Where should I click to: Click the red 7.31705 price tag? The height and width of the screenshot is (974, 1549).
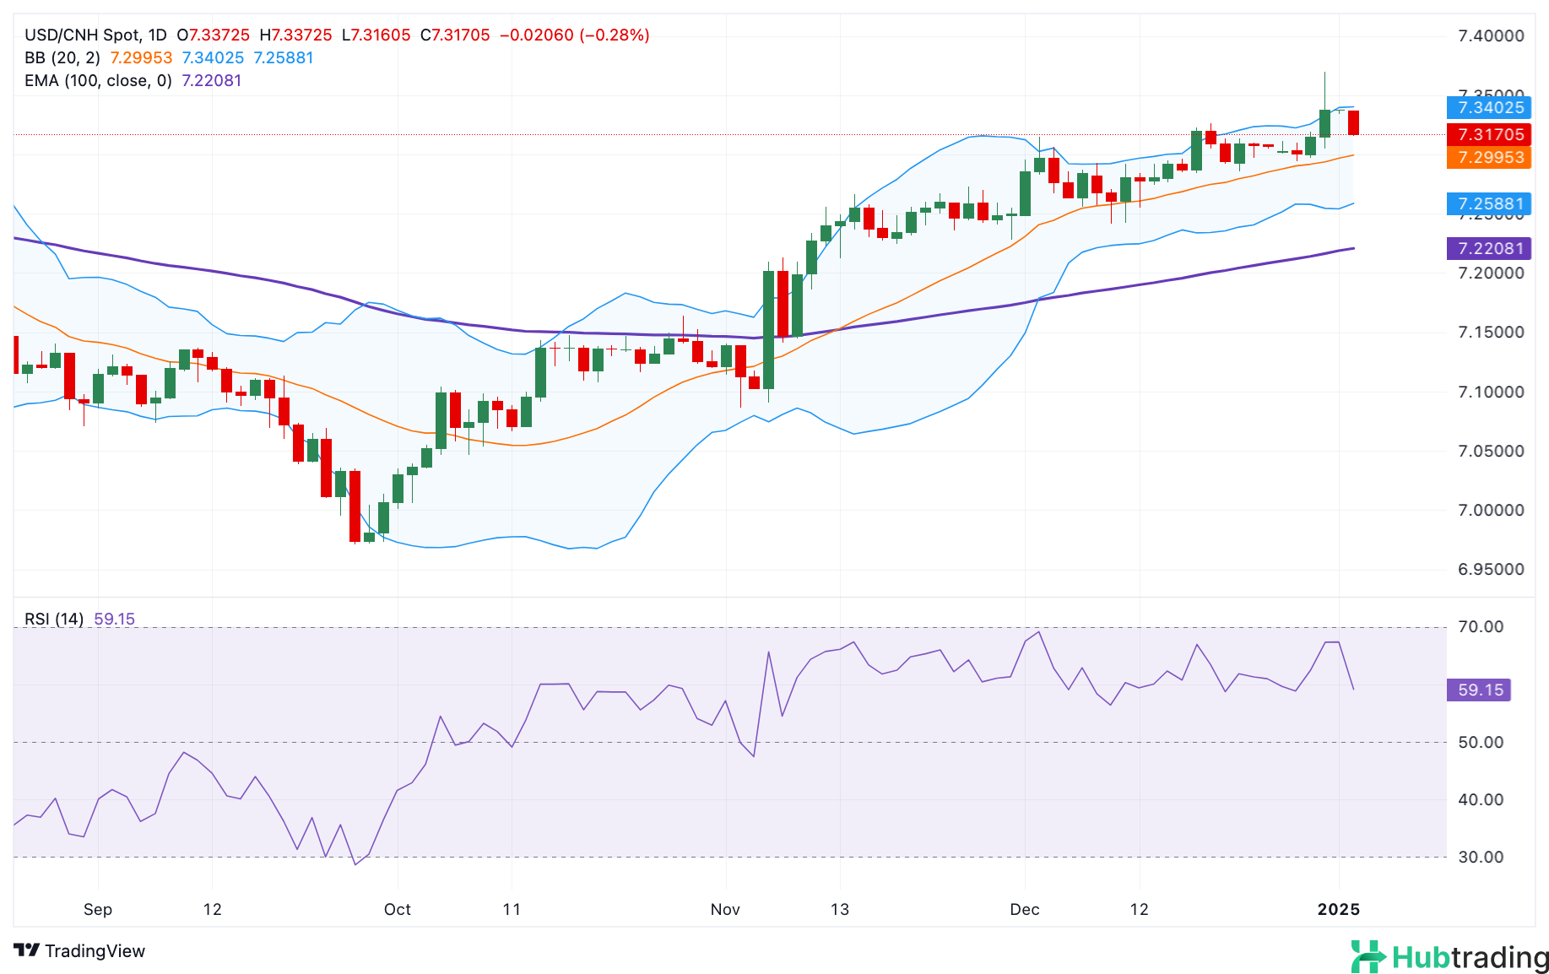(x=1489, y=134)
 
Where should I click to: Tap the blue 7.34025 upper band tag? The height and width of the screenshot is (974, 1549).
(x=1489, y=107)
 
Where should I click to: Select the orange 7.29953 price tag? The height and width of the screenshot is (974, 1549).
(x=1489, y=157)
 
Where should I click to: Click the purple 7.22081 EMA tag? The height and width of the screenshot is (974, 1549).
(x=1489, y=248)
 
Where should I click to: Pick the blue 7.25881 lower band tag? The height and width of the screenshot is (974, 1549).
(x=1489, y=203)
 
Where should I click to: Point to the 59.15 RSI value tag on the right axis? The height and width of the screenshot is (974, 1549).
(x=1479, y=690)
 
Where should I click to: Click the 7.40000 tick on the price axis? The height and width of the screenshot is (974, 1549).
(x=1491, y=35)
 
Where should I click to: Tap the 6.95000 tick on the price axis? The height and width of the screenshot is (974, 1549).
(x=1491, y=569)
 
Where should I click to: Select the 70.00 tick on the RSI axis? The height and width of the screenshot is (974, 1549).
(x=1481, y=626)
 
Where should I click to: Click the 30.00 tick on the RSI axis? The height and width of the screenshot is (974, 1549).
(x=1481, y=857)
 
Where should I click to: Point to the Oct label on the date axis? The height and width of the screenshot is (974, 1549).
(x=397, y=909)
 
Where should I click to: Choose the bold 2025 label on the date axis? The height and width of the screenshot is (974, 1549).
(x=1339, y=909)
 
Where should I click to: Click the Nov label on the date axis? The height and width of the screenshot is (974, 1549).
(x=725, y=909)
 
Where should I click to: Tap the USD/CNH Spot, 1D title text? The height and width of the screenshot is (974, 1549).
(x=95, y=35)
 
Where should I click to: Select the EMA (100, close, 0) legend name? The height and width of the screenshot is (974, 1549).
(x=98, y=80)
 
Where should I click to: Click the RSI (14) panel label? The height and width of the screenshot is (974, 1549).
(x=54, y=619)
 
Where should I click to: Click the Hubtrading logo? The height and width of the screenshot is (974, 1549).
(x=1449, y=957)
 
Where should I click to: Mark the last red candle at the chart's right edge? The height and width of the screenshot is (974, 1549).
(x=1354, y=122)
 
